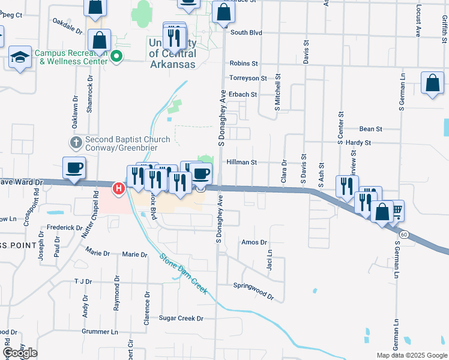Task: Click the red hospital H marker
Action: point(119,188)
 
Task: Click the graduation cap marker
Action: point(20,58)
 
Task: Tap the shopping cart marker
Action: point(396,210)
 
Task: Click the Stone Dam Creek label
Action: point(183,274)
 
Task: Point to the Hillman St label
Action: point(242,162)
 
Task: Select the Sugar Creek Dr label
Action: point(181,319)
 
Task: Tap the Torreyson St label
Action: point(248,78)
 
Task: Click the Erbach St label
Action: point(242,94)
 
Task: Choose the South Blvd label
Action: point(246,33)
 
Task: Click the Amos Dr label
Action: point(253,242)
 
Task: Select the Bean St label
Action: point(370,129)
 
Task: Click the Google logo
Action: point(20,353)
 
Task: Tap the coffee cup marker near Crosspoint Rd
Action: point(74,168)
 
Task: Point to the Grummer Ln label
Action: point(97,331)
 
